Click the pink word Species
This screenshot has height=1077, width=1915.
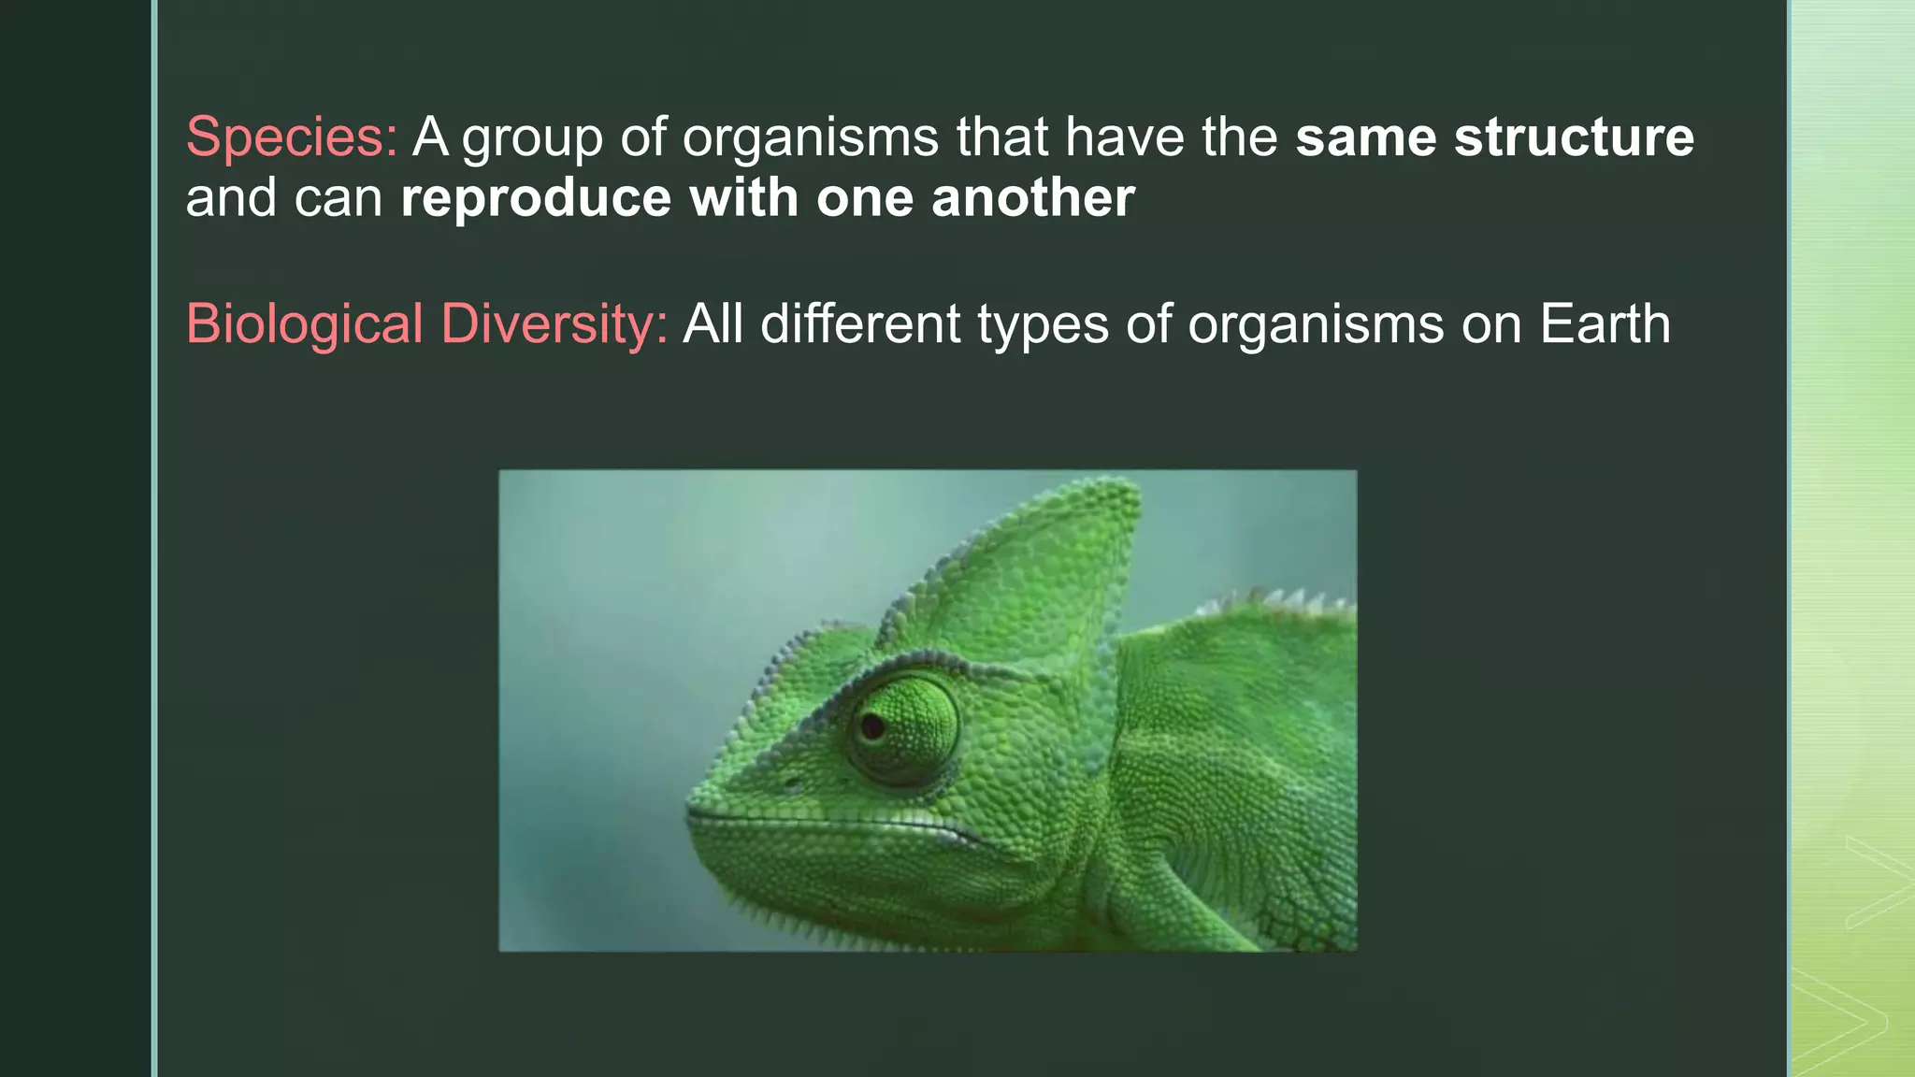coord(292,137)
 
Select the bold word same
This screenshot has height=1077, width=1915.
coord(1366,136)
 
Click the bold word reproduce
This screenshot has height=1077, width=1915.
coord(536,199)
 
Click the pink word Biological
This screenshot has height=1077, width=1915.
coord(305,325)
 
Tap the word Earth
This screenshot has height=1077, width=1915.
coord(1605,324)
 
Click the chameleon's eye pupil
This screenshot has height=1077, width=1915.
coord(872,725)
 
